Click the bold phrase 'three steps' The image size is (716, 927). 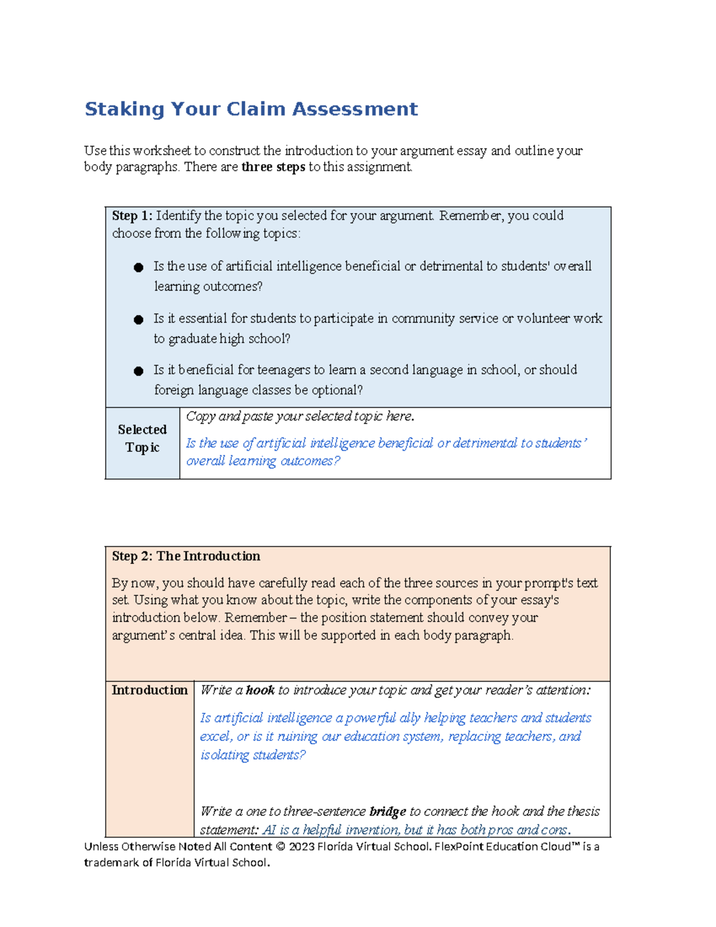pyautogui.click(x=273, y=167)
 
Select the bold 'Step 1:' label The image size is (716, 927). pyautogui.click(x=132, y=215)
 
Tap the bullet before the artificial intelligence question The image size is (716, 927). pyautogui.click(x=138, y=267)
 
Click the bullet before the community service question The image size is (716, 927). pyautogui.click(x=138, y=319)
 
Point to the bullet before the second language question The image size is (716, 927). pyautogui.click(x=138, y=371)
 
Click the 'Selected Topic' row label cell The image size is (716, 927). pyautogui.click(x=142, y=439)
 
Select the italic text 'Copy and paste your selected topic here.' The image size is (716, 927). pyautogui.click(x=300, y=417)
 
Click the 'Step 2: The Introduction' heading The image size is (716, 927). pyautogui.click(x=186, y=556)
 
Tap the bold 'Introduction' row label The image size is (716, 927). pyautogui.click(x=149, y=691)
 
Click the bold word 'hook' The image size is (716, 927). pyautogui.click(x=260, y=691)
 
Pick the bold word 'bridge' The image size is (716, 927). pyautogui.click(x=388, y=812)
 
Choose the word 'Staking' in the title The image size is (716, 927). pyautogui.click(x=124, y=109)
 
